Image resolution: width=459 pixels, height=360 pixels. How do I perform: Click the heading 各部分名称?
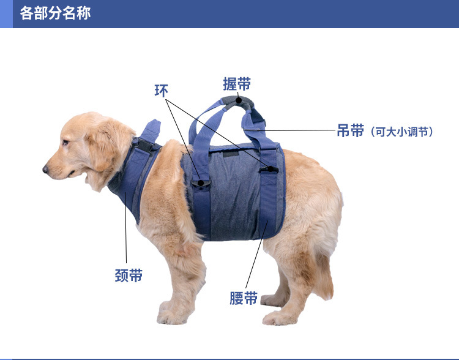[x=55, y=13]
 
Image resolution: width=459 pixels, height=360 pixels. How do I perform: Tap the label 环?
[x=161, y=91]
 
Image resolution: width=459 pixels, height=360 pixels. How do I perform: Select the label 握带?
[x=237, y=84]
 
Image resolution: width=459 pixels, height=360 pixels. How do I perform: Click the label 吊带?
[x=350, y=130]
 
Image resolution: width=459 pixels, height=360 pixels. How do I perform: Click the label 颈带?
[x=129, y=276]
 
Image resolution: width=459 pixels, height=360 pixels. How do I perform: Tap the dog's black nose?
[x=46, y=168]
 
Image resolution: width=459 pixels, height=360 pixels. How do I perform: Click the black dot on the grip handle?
[x=238, y=99]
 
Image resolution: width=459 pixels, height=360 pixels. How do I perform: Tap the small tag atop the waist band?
[x=231, y=154]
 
